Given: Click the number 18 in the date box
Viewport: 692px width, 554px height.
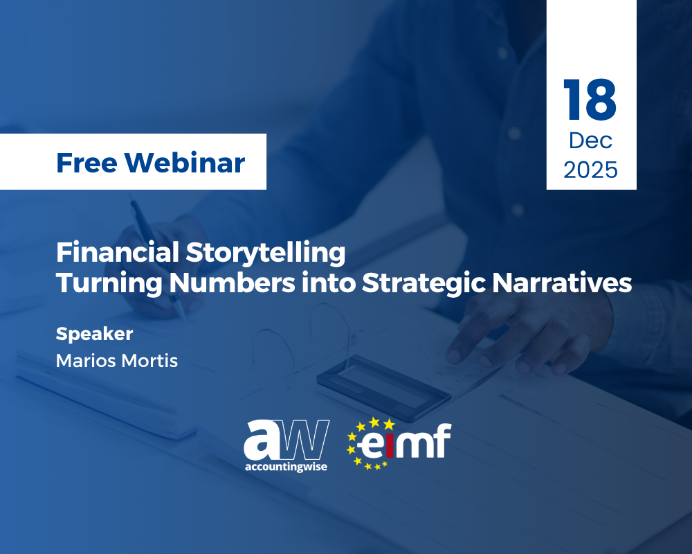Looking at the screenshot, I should pyautogui.click(x=590, y=101).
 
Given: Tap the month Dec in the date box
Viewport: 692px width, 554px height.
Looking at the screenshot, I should pyautogui.click(x=590, y=141).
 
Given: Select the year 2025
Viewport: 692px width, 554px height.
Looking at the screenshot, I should pyautogui.click(x=590, y=170).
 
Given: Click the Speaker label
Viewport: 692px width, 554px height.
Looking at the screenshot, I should pyautogui.click(x=94, y=334).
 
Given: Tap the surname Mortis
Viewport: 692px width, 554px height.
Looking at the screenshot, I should pyautogui.click(x=149, y=360).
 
